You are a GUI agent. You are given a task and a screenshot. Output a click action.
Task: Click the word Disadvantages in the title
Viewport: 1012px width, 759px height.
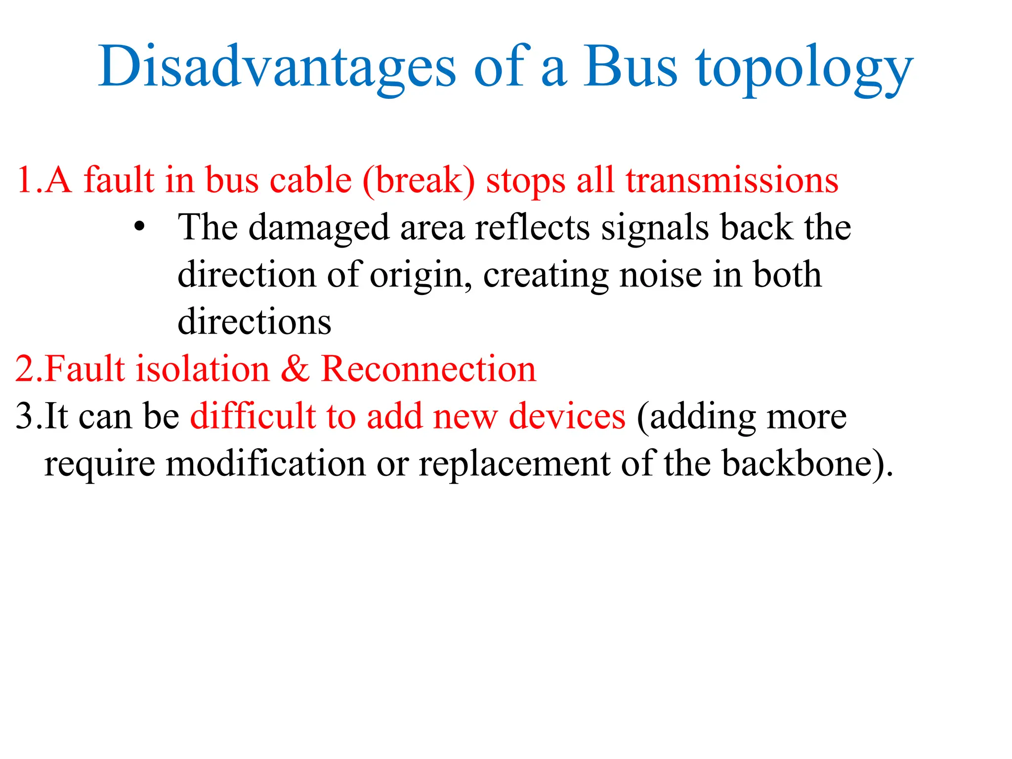click(x=277, y=67)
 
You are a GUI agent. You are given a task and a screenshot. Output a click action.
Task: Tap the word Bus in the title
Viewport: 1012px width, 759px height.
click(x=630, y=67)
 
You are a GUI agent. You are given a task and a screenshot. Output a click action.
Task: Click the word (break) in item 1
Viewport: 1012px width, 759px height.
click(x=419, y=180)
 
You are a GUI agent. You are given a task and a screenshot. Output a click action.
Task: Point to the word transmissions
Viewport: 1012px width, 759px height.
click(x=732, y=180)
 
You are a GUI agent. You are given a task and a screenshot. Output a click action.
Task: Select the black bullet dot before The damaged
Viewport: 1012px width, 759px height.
click(x=140, y=227)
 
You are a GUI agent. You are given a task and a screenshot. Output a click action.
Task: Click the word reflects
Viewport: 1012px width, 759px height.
click(x=532, y=227)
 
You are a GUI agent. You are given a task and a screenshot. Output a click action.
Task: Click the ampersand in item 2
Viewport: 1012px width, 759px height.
click(x=295, y=369)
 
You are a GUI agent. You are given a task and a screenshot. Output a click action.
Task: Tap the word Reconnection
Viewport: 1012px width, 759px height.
click(x=428, y=369)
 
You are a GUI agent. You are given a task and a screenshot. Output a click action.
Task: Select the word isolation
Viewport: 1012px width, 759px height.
click(x=203, y=369)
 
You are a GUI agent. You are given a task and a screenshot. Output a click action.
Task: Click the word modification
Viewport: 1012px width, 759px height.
click(x=265, y=464)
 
